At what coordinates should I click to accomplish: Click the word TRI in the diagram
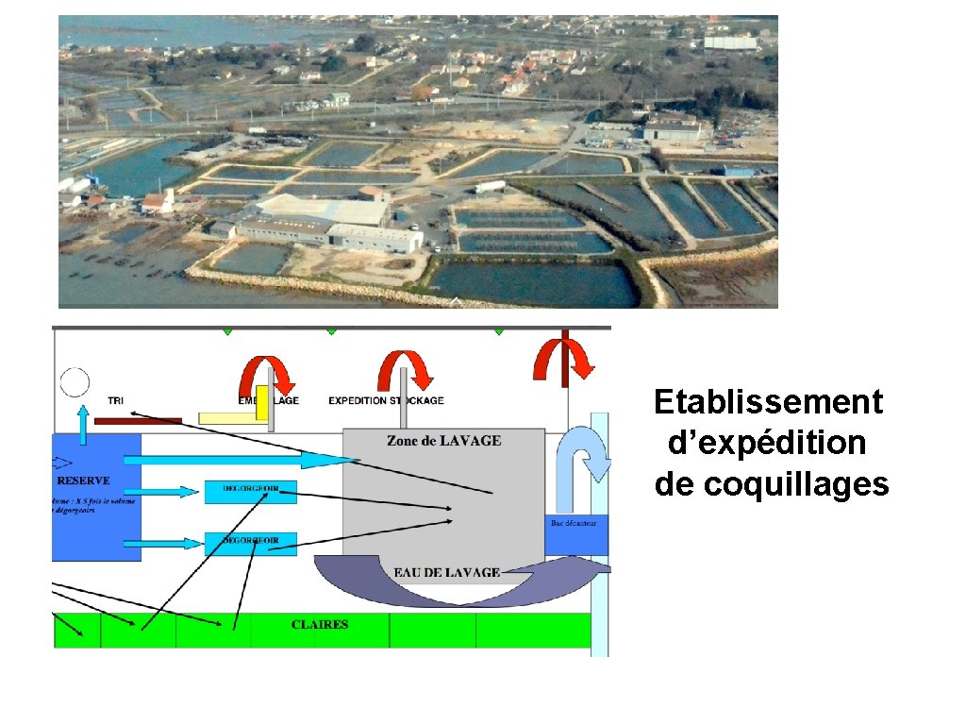tap(115, 400)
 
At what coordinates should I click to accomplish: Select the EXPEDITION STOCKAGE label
tap(386, 400)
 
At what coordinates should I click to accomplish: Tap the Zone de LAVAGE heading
tap(443, 441)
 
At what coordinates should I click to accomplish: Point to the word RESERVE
tap(83, 481)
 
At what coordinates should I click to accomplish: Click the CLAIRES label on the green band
tap(320, 625)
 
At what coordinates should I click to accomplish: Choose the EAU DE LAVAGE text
tap(446, 572)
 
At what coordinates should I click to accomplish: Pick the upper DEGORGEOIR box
tap(250, 491)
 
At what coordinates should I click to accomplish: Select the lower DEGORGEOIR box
tap(250, 543)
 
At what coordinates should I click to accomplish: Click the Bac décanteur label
tap(574, 523)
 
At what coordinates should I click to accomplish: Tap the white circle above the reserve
tap(75, 382)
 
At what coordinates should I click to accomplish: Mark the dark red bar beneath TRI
tap(139, 420)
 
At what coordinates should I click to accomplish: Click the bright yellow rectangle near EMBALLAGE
tap(261, 397)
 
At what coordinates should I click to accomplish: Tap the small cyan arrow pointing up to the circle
tap(84, 425)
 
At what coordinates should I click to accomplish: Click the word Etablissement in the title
tap(768, 402)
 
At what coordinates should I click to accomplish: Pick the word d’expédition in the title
tap(766, 443)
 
